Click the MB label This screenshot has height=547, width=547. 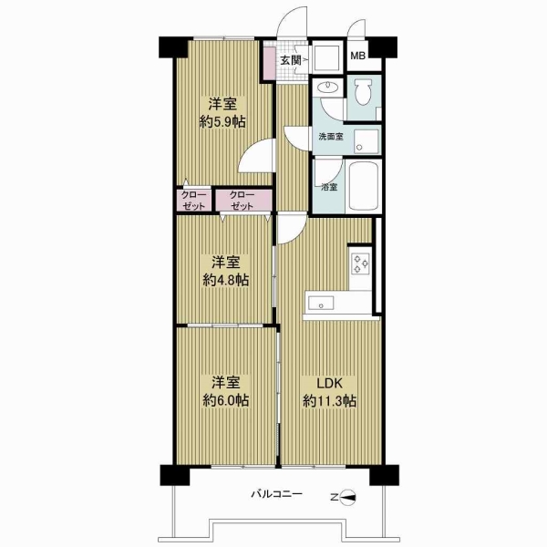[x=357, y=56]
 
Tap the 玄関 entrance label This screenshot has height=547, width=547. [x=291, y=60]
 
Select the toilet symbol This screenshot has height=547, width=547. [x=363, y=92]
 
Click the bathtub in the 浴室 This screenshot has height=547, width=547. [x=364, y=186]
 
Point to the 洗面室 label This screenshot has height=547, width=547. [x=331, y=137]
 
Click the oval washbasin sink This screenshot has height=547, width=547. [x=328, y=86]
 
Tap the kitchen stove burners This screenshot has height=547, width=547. [x=361, y=263]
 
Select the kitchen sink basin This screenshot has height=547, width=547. [x=321, y=304]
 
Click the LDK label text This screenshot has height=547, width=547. [x=329, y=384]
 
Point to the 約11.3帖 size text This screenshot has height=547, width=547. [x=329, y=401]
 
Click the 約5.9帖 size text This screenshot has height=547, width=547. [x=222, y=122]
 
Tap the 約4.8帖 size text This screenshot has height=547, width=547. [x=226, y=280]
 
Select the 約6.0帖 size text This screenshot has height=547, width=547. [x=226, y=400]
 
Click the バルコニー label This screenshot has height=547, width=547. [x=276, y=494]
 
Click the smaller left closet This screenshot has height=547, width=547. [x=194, y=201]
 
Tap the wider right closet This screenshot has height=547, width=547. [x=243, y=201]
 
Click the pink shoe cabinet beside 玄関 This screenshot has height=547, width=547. [x=269, y=63]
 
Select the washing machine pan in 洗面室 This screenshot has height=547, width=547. [x=366, y=141]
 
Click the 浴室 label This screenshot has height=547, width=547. [x=329, y=187]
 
